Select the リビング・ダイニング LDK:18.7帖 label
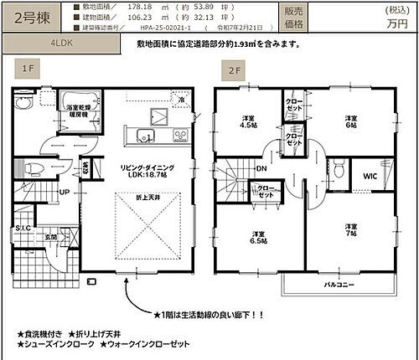point(142,169)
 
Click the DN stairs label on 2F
point(261,168)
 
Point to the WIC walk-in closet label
point(369,176)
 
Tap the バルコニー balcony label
point(341,285)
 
